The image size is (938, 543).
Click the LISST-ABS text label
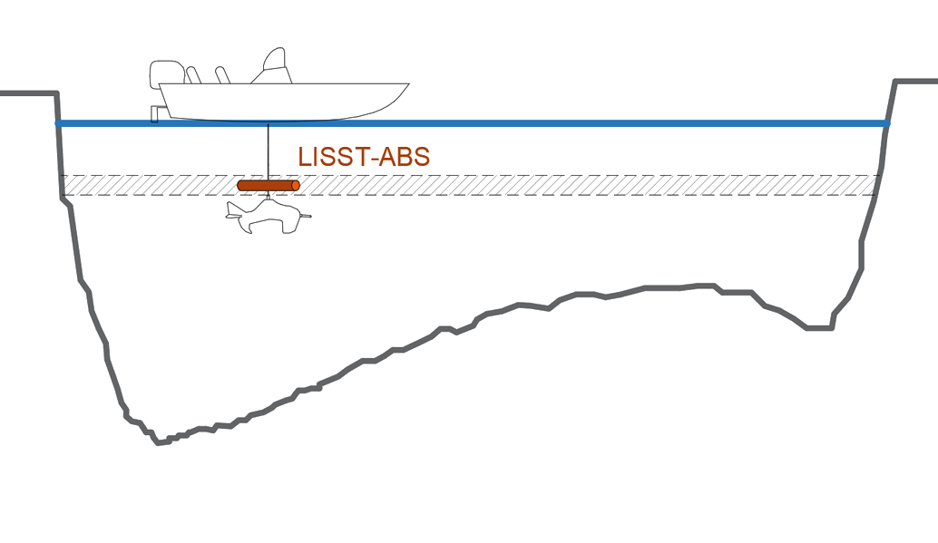click(364, 156)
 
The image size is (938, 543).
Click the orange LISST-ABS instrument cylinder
click(267, 185)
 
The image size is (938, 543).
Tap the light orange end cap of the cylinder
click(296, 185)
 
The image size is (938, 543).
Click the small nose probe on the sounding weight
click(306, 216)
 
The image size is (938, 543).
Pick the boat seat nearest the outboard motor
click(192, 75)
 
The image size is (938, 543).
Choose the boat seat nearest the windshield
click(222, 74)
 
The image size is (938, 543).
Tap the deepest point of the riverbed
click(161, 441)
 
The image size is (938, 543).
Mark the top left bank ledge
click(27, 92)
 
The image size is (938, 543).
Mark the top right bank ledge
click(916, 82)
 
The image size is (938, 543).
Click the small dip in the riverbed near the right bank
click(819, 327)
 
